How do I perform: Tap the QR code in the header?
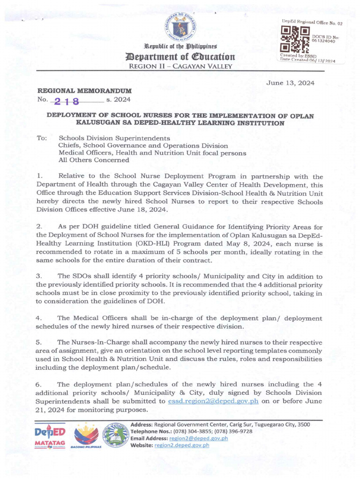(294, 41)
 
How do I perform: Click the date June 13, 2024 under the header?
(290, 83)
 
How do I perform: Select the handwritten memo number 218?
(67, 101)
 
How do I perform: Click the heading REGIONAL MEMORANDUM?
(84, 90)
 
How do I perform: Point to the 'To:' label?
(42, 138)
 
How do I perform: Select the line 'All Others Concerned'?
(94, 160)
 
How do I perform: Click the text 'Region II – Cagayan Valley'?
(180, 67)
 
